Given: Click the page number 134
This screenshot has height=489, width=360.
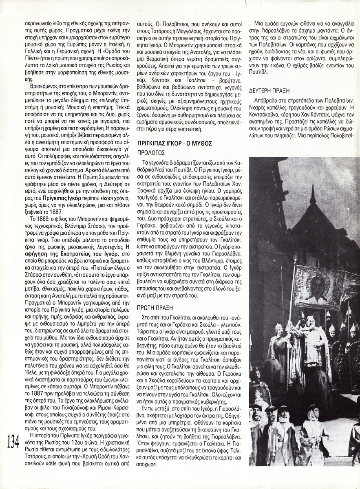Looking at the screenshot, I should coord(13,441).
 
